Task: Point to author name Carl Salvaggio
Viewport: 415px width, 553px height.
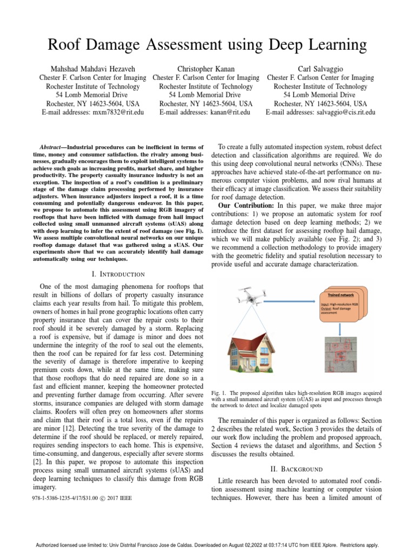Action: click(320, 69)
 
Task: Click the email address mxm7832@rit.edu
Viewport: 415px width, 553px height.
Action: click(119, 112)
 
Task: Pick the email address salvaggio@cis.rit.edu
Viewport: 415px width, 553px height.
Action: click(344, 112)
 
